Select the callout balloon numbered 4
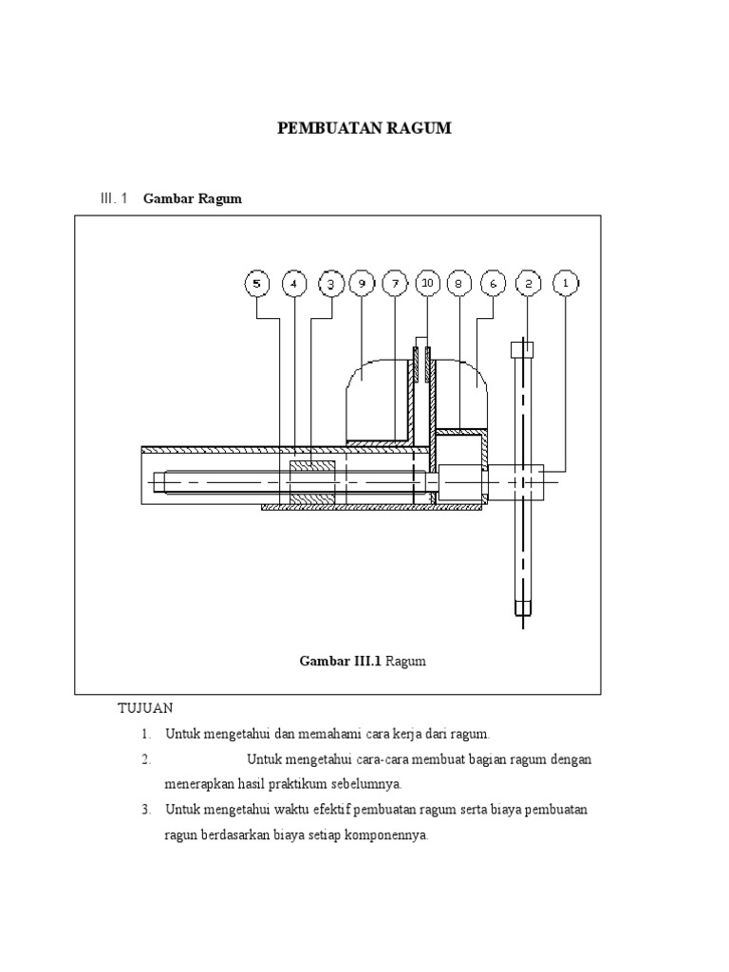pyautogui.click(x=294, y=283)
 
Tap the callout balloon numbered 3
pyautogui.click(x=330, y=283)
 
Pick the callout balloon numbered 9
pyautogui.click(x=361, y=283)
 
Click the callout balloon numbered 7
pyautogui.click(x=395, y=283)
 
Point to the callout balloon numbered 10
pyautogui.click(x=427, y=283)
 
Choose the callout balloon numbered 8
pyautogui.click(x=459, y=283)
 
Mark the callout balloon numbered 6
pyautogui.click(x=493, y=283)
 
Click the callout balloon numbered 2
pyautogui.click(x=529, y=283)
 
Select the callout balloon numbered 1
pyautogui.click(x=566, y=283)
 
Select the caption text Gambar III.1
pyautogui.click(x=340, y=662)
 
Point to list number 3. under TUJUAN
pyautogui.click(x=146, y=810)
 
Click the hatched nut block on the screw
pyautogui.click(x=312, y=482)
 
